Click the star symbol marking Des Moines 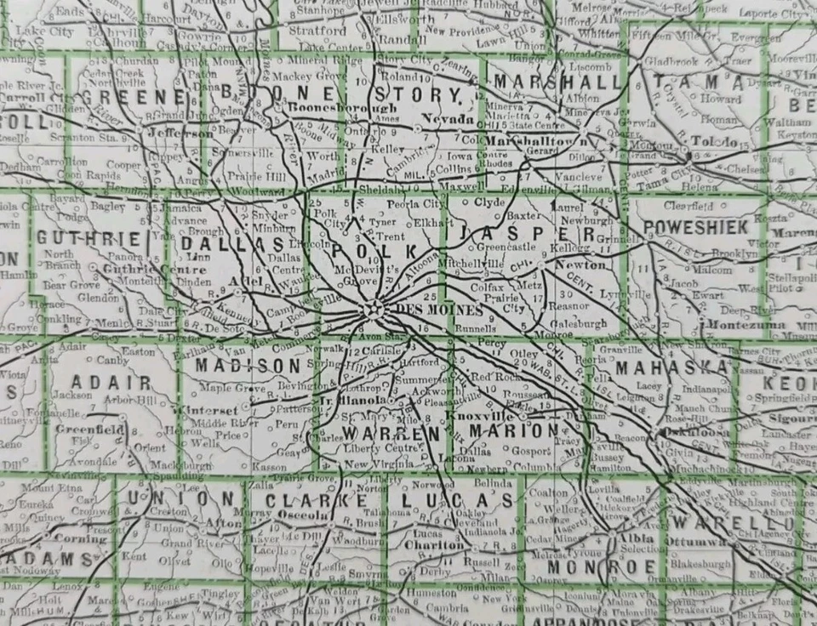tap(372, 309)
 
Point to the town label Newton tap(569, 265)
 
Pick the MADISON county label tap(249, 365)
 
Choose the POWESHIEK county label tap(696, 226)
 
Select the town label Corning tap(81, 538)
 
